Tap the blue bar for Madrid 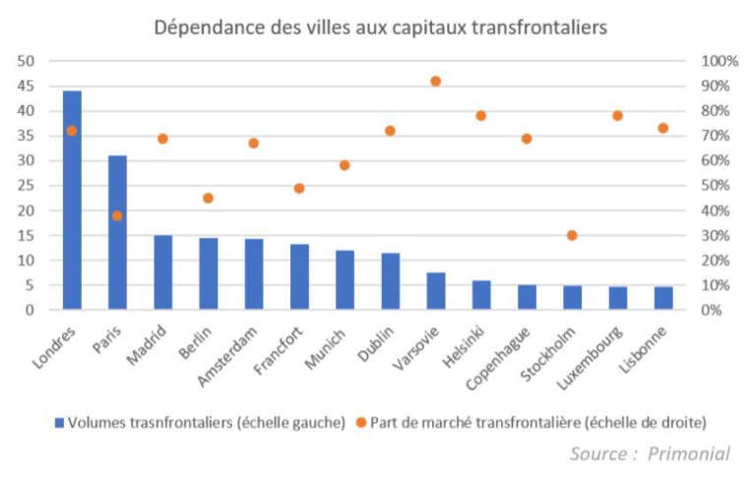[x=162, y=272]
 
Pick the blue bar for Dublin [x=391, y=281]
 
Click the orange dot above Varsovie [x=436, y=82]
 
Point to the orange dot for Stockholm [x=572, y=235]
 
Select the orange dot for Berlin [x=208, y=198]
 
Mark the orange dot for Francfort [x=299, y=188]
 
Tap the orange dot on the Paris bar [x=117, y=215]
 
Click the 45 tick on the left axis [x=27, y=86]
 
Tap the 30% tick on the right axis [x=715, y=236]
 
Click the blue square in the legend [x=58, y=422]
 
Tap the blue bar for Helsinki [x=481, y=295]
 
